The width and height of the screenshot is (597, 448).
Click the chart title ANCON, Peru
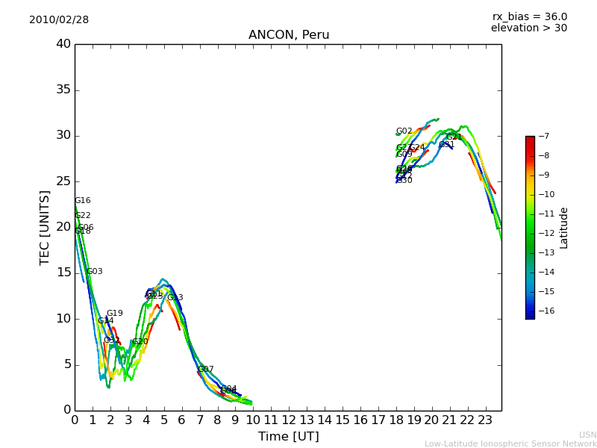288,35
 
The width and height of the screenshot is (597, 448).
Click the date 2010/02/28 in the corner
59,20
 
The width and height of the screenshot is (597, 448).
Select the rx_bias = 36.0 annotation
529,16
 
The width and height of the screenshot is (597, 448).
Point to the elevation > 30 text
528,28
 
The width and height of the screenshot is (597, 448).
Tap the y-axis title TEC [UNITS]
45,227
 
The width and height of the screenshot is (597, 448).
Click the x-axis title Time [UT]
288,437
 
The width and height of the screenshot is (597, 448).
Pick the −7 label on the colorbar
543,137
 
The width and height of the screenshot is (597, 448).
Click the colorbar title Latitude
564,228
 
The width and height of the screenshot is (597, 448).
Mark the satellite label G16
82,201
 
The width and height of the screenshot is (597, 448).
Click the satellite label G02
404,131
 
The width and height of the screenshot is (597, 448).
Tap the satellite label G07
205,370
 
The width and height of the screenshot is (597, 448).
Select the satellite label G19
114,314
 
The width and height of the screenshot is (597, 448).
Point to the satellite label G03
95,272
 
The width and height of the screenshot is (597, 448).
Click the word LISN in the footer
587,435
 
